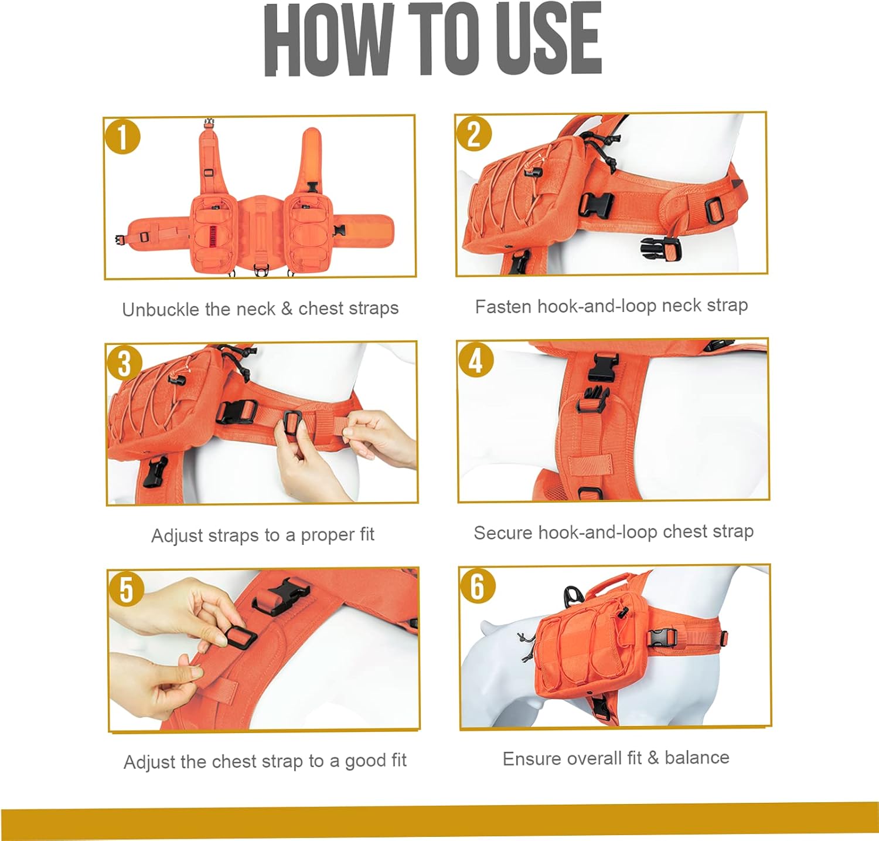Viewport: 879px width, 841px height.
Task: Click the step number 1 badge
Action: click(x=122, y=137)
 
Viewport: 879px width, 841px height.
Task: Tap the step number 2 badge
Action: click(x=474, y=134)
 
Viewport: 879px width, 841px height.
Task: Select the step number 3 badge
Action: click(x=124, y=363)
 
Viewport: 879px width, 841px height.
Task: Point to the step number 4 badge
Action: click(x=476, y=360)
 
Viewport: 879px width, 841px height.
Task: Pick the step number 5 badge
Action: click(x=127, y=589)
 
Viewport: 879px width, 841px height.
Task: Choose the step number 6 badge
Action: click(x=478, y=586)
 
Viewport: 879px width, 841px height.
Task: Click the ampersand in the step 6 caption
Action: click(x=653, y=758)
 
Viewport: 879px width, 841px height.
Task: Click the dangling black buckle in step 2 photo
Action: click(x=660, y=249)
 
